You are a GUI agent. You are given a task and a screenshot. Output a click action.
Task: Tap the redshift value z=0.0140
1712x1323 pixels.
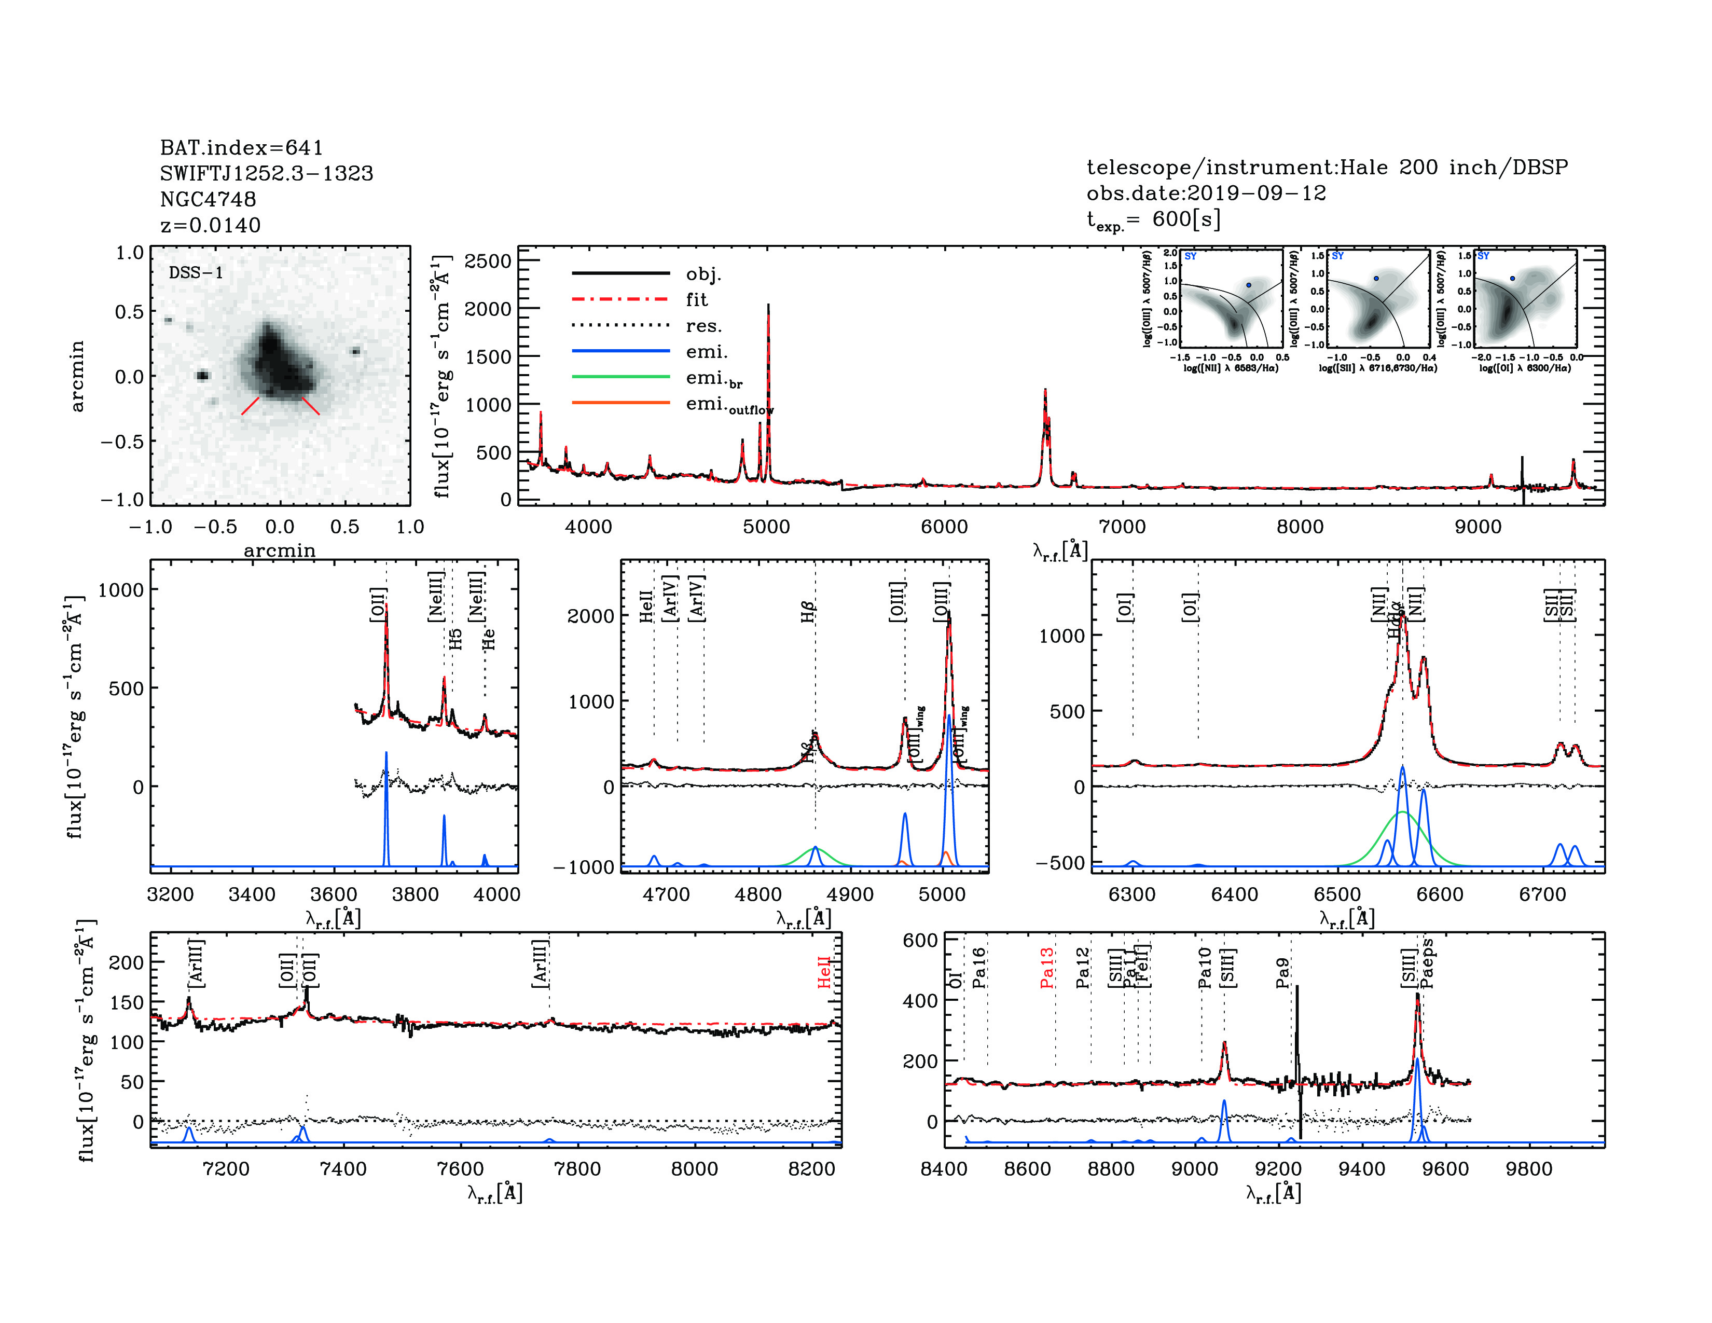pyautogui.click(x=210, y=226)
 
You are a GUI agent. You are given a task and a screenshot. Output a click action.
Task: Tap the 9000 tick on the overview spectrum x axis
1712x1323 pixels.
pyautogui.click(x=1478, y=527)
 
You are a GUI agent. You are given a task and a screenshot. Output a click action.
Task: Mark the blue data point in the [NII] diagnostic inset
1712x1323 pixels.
pyautogui.click(x=1249, y=285)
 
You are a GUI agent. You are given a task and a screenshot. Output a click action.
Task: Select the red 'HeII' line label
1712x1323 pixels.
pyautogui.click(x=824, y=972)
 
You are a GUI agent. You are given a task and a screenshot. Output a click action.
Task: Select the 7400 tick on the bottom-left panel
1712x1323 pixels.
pyautogui.click(x=343, y=1168)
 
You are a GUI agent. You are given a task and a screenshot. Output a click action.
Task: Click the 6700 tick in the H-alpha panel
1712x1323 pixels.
pyautogui.click(x=1542, y=894)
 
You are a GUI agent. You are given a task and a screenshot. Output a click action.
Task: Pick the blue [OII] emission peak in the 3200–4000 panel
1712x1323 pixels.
pyautogui.click(x=385, y=754)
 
